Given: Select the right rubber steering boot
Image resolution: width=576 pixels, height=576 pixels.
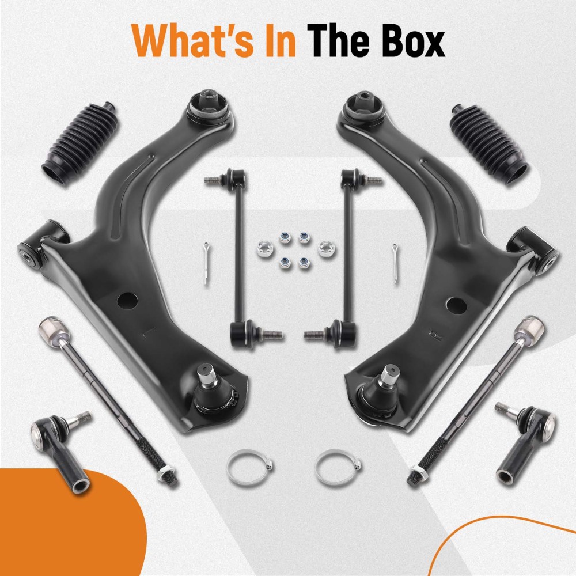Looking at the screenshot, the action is tap(490, 146).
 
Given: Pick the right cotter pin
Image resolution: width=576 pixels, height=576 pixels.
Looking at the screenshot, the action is tap(395, 263).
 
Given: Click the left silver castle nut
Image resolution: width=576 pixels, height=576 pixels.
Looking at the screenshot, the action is tap(264, 249).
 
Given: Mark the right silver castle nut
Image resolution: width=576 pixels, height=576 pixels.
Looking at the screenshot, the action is tap(325, 249).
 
